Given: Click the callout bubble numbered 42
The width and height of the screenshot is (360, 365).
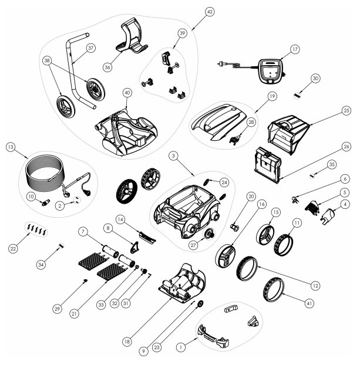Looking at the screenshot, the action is click(210, 12).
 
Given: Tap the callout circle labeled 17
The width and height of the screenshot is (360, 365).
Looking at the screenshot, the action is click(295, 49).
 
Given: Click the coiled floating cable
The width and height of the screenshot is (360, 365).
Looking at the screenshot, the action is click(44, 170).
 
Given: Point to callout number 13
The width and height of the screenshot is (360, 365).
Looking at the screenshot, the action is click(11, 147).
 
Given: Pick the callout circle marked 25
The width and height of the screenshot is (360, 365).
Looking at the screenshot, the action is click(346, 110).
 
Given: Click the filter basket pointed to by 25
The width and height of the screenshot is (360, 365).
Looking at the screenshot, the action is click(288, 134).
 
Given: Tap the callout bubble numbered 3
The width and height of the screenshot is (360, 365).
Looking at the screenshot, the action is click(173, 156).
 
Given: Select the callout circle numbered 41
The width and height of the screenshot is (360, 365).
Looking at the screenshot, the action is click(309, 303).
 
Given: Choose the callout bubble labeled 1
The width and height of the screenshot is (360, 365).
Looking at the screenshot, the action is click(180, 347).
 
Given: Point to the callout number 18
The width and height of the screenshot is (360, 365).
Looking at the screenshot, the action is click(127, 342).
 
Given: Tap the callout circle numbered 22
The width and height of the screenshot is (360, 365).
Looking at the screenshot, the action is click(13, 249).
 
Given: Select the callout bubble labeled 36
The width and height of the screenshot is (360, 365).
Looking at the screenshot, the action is click(107, 67).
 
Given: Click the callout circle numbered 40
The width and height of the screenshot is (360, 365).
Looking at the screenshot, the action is click(127, 93).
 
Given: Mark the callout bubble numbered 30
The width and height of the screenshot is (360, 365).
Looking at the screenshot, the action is click(315, 79).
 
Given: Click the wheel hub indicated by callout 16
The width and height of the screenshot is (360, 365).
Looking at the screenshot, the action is click(226, 256).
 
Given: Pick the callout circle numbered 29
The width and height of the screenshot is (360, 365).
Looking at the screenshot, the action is click(57, 309).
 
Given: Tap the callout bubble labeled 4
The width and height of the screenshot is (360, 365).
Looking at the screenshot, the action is click(345, 204).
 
